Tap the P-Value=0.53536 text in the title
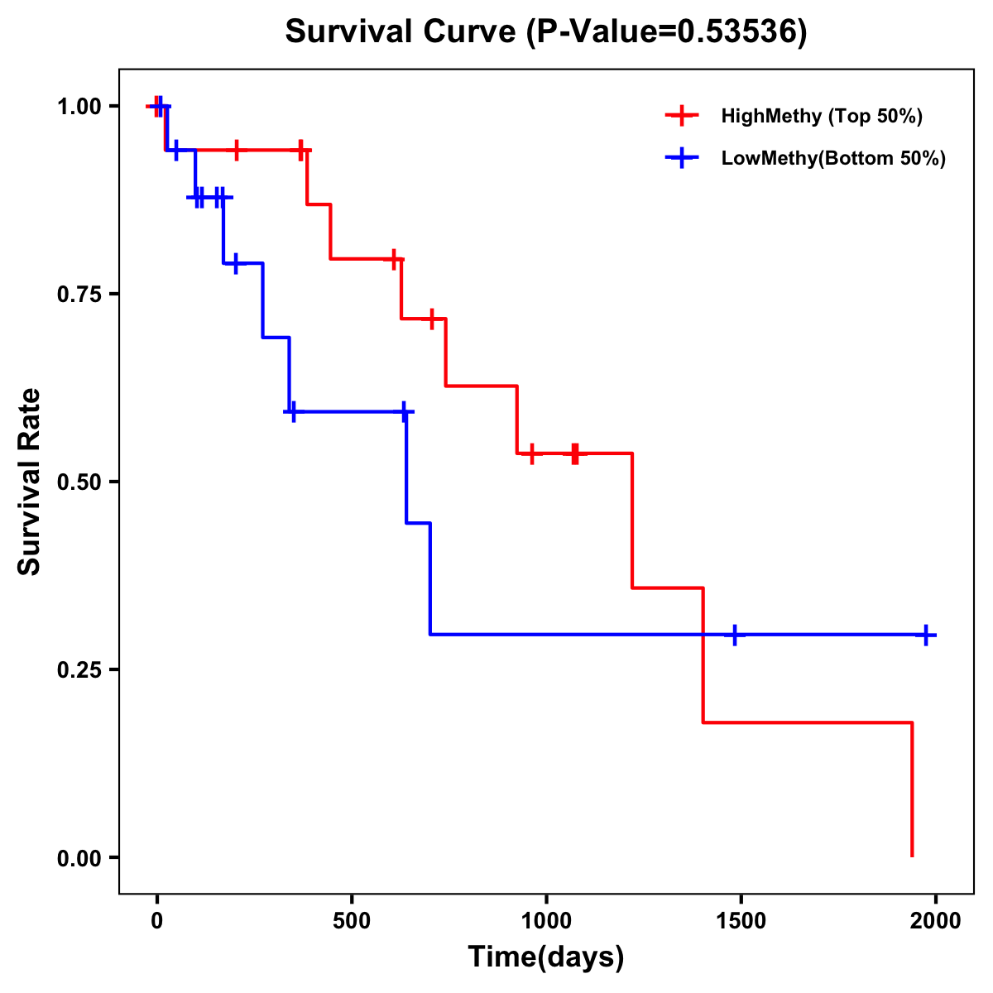tap(668, 31)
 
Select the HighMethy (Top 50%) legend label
tap(821, 116)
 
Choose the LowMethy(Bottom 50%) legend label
tap(832, 158)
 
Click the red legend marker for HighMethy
tap(682, 116)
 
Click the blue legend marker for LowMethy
tap(682, 158)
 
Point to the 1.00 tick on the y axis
tap(78, 107)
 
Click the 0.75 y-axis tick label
tap(78, 295)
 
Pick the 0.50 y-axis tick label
tap(78, 482)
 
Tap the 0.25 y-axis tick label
tap(78, 670)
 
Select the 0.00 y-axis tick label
tap(78, 858)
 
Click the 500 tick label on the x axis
tap(352, 920)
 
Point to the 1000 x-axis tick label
tap(546, 920)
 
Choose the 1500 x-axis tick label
tap(741, 920)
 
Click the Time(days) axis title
tap(546, 957)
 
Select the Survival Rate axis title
tap(30, 482)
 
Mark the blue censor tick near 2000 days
tap(926, 635)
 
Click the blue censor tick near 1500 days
tap(734, 635)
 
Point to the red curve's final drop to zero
tap(912, 790)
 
